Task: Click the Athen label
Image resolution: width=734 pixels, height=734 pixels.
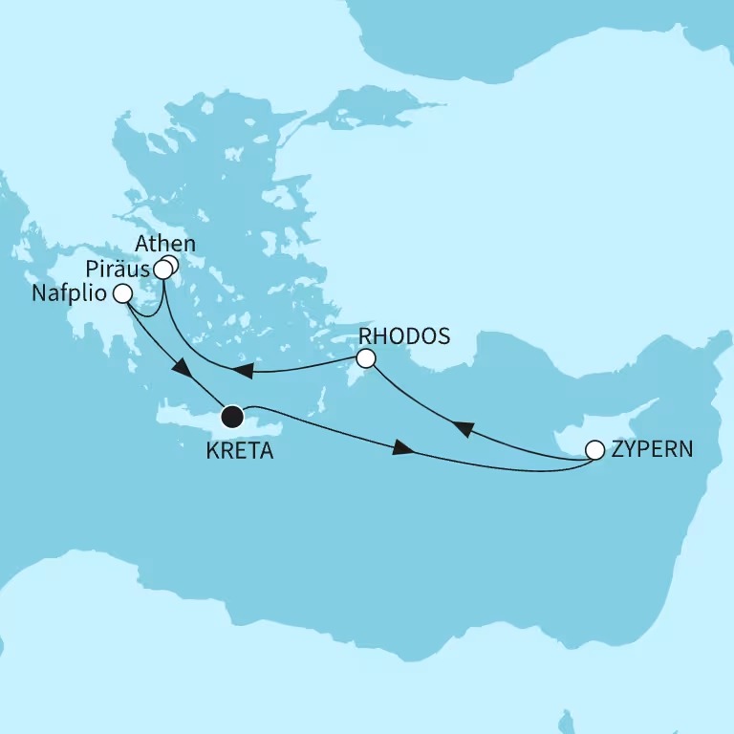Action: pyautogui.click(x=165, y=244)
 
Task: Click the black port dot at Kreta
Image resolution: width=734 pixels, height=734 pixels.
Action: pyautogui.click(x=231, y=417)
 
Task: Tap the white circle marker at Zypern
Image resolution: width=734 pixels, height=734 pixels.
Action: pyautogui.click(x=594, y=449)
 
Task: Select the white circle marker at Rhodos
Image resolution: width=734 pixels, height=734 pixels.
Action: pyautogui.click(x=364, y=359)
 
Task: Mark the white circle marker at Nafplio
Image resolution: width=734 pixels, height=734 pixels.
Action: pyautogui.click(x=122, y=293)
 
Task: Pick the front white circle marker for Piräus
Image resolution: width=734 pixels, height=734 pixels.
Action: pyautogui.click(x=162, y=271)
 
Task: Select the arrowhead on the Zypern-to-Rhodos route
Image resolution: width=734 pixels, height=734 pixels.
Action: pyautogui.click(x=461, y=430)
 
